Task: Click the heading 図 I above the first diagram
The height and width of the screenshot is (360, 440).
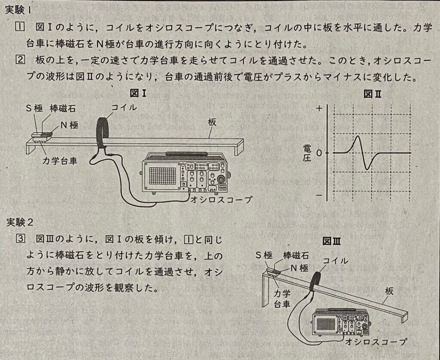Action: [x=138, y=93]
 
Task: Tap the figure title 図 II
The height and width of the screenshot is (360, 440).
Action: [x=373, y=94]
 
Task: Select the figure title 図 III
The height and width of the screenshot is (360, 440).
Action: [x=331, y=241]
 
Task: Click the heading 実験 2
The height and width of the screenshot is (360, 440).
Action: [x=20, y=222]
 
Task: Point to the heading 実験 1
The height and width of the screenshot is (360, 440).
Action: [x=18, y=10]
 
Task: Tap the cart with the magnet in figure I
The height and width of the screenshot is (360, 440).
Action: [x=41, y=136]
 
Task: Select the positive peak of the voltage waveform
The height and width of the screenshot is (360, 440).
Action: [x=357, y=136]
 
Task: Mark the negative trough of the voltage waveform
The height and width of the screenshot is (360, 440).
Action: [x=367, y=169]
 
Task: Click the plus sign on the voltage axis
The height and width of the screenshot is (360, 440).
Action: [x=319, y=108]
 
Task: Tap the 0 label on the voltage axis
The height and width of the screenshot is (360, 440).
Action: [x=319, y=153]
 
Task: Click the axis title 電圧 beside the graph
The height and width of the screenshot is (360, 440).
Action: [x=307, y=153]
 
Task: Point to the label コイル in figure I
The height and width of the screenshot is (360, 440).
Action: [x=124, y=107]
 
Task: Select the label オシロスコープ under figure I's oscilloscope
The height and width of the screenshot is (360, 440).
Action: [x=221, y=200]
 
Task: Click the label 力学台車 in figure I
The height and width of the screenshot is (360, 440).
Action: [x=60, y=161]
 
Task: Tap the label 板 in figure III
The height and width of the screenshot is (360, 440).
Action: [x=389, y=291]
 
